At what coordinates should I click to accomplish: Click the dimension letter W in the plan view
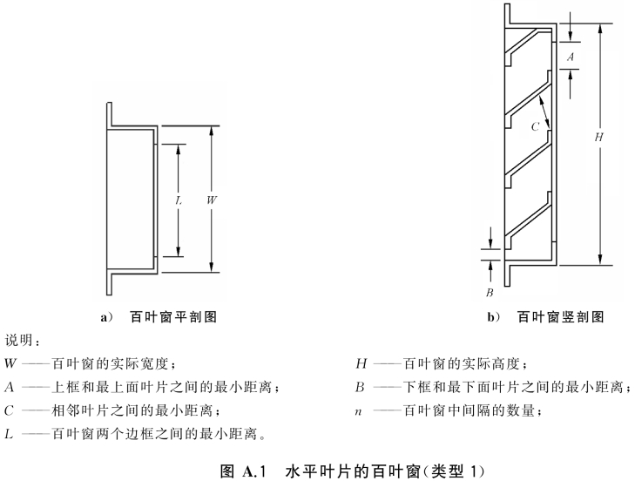pos(212,200)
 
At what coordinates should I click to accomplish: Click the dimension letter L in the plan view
pos(179,200)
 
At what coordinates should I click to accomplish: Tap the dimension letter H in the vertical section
pos(599,138)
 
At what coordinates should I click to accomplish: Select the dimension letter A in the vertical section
pos(571,57)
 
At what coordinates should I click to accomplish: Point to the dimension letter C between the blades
pos(535,127)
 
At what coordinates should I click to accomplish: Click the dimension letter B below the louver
pos(490,293)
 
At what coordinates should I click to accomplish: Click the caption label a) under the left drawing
pos(106,317)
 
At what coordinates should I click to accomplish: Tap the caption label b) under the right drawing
pos(494,317)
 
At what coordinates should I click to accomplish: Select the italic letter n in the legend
pos(358,412)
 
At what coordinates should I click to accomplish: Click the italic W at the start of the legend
pos(10,363)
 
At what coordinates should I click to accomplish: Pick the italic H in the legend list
pos(361,363)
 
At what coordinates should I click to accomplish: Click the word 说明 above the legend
pos(18,341)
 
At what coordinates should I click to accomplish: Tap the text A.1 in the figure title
pos(254,471)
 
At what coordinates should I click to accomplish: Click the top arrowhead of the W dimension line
pos(212,131)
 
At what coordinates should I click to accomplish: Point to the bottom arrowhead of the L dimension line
pos(179,252)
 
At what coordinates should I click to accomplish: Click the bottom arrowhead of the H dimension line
pos(600,261)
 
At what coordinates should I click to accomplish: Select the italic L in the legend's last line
pos(9,435)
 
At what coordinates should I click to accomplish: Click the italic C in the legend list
pos(10,411)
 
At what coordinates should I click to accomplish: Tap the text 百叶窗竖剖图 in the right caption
pos(561,317)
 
